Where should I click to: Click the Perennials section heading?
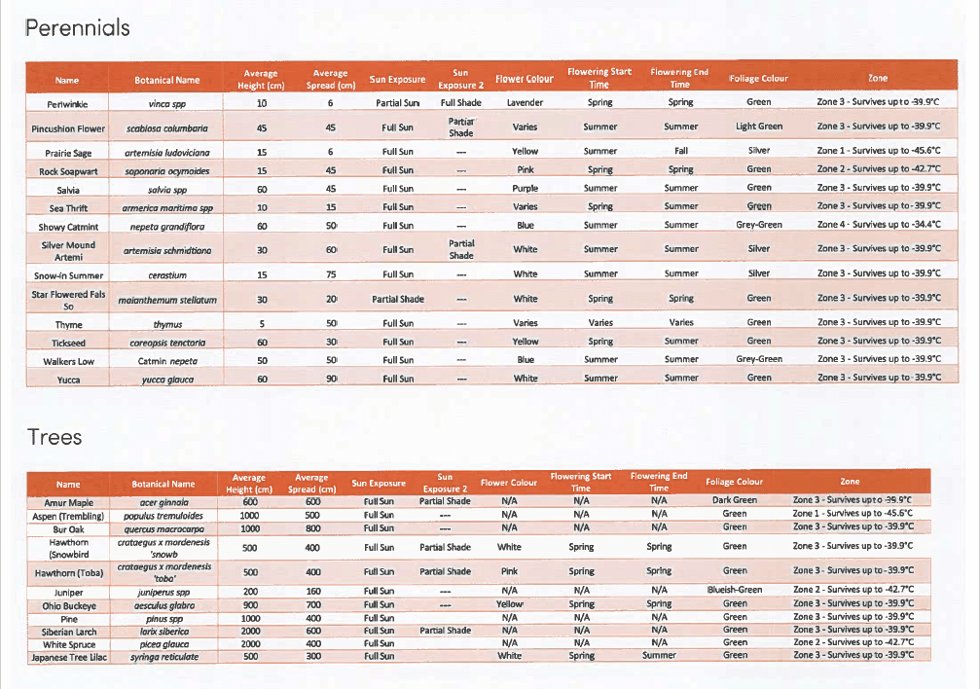(x=77, y=28)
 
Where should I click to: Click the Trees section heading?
(x=54, y=437)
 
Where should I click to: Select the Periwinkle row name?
(x=67, y=103)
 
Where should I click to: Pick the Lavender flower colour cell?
(x=525, y=102)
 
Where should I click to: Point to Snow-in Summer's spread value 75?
(x=330, y=274)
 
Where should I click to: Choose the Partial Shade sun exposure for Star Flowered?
(x=398, y=299)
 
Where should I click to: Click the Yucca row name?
(x=67, y=380)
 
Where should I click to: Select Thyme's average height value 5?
(x=261, y=323)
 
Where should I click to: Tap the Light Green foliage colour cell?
(x=758, y=127)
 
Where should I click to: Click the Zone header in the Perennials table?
(x=878, y=78)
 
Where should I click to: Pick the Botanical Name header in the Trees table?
(x=163, y=484)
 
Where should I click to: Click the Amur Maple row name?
(x=68, y=502)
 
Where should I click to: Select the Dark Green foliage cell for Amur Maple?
(x=734, y=501)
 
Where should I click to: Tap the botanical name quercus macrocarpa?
(x=163, y=528)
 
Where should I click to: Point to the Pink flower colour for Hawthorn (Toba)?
(x=509, y=571)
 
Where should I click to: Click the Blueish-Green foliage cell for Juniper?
(x=734, y=590)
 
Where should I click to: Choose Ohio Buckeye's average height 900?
(x=249, y=604)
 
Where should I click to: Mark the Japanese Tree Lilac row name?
(x=68, y=656)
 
